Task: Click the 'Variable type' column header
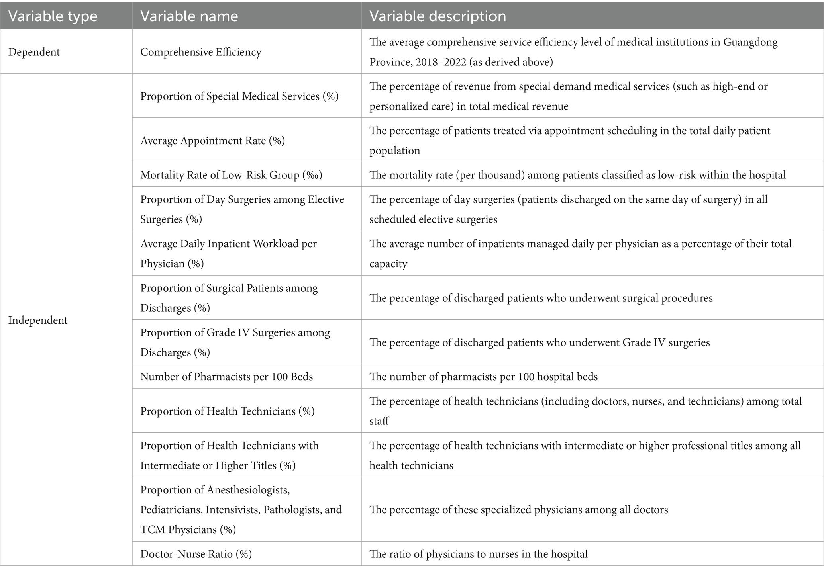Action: [53, 16]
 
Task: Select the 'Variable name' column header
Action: [189, 16]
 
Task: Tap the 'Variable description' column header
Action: [438, 16]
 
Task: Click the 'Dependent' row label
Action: [34, 52]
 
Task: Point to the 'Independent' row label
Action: [37, 320]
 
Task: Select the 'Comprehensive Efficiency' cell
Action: [200, 52]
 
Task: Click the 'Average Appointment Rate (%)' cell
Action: [212, 141]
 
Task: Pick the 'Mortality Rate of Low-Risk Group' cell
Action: [231, 175]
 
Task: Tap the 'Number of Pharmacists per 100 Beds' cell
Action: [226, 377]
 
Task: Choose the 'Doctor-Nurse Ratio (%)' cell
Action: [196, 554]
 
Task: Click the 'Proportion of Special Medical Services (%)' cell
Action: [239, 96]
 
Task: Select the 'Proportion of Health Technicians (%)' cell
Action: [227, 411]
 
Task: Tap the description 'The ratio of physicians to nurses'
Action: [478, 554]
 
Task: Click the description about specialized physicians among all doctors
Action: [518, 510]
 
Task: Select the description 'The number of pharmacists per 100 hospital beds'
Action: [483, 377]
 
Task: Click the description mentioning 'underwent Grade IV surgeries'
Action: [540, 342]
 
